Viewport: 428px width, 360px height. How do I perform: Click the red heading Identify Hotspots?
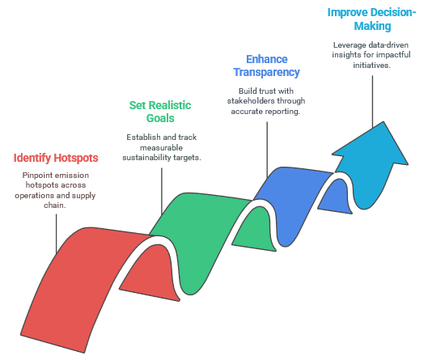tap(56, 158)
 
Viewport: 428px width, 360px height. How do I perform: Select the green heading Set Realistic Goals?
tap(160, 112)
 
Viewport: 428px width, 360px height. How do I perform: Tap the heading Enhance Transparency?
tap(266, 66)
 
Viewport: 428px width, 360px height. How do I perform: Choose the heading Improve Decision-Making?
tap(371, 19)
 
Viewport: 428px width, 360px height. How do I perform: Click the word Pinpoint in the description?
tap(34, 176)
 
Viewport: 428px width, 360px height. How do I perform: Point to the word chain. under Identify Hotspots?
tap(55, 205)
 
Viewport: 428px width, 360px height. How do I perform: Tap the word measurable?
tap(161, 148)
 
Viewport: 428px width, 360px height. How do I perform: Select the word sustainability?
tap(146, 158)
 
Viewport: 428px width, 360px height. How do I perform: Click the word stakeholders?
tap(251, 100)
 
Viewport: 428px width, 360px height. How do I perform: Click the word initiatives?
tap(371, 66)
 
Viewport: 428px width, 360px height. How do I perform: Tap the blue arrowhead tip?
tap(384, 121)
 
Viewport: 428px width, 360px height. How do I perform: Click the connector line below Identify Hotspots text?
tap(57, 234)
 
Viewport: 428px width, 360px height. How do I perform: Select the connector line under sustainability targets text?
tap(162, 191)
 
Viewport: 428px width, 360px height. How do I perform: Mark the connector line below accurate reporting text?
tap(267, 150)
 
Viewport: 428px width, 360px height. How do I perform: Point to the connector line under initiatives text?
tap(373, 102)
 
